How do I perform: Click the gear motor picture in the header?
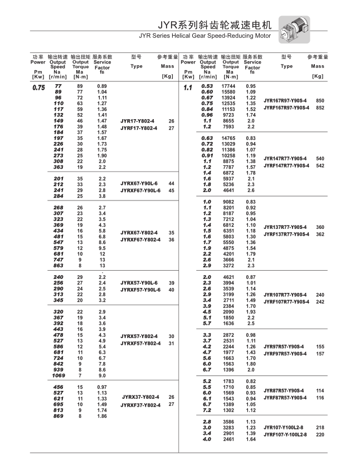point(293,28)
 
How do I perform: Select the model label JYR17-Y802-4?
point(138,121)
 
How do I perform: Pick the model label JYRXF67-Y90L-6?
point(140,190)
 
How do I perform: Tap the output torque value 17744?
point(228,86)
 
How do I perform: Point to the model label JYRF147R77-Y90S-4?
point(286,165)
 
